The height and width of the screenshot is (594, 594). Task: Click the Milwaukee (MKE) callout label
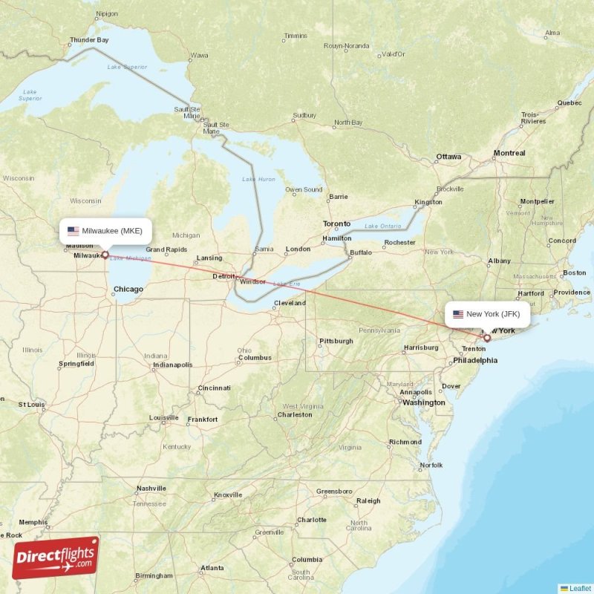[105, 230]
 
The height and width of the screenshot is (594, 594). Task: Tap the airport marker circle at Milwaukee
[105, 255]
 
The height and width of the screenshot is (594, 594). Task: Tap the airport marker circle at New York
[487, 338]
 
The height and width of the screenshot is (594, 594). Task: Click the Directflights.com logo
[56, 558]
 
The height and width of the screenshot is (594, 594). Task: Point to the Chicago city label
[128, 290]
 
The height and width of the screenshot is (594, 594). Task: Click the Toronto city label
[336, 224]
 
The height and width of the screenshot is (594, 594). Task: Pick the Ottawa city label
[448, 157]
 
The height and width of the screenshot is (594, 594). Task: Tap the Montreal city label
[509, 153]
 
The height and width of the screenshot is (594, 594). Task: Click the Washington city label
[423, 402]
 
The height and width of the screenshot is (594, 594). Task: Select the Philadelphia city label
[475, 360]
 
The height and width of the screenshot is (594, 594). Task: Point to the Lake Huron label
[258, 180]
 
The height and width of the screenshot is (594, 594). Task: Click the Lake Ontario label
[382, 226]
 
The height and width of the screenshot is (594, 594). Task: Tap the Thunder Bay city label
[89, 39]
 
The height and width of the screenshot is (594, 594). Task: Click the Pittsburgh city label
[336, 342]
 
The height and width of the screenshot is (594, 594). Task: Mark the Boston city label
[574, 272]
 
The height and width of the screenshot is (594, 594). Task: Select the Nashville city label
[151, 489]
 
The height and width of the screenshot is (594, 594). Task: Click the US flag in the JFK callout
[458, 314]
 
